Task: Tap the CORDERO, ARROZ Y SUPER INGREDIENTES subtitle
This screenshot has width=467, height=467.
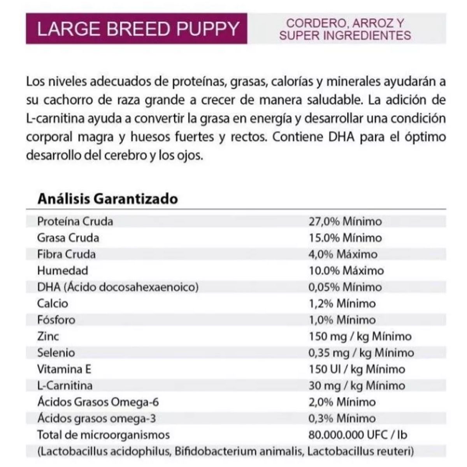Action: [345, 30]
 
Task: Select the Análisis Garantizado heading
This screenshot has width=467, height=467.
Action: [108, 199]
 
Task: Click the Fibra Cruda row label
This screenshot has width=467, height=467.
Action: [67, 254]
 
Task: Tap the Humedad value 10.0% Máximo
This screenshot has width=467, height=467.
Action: [346, 270]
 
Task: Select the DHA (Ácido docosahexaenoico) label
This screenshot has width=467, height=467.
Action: [118, 287]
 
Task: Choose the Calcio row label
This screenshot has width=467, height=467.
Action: [53, 304]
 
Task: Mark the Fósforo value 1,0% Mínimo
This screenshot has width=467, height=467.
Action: [342, 320]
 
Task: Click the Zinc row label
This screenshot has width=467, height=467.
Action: [48, 336]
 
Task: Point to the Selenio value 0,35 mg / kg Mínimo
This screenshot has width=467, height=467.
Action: [362, 353]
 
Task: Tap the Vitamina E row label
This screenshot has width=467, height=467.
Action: [64, 369]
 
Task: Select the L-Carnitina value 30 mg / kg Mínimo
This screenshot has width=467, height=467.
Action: [357, 386]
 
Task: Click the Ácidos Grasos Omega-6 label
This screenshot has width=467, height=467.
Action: [98, 402]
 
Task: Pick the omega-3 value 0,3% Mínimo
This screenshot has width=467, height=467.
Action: [342, 418]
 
